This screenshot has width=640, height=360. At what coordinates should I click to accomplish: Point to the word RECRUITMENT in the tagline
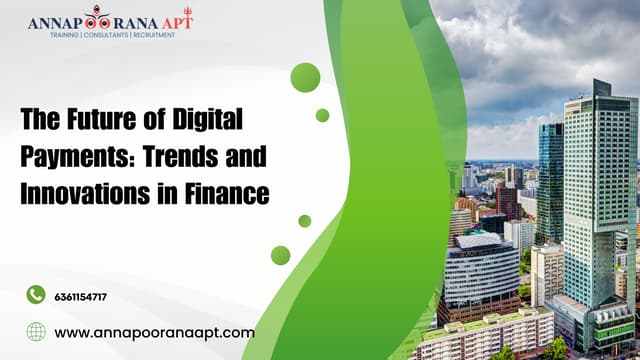(x=153, y=34)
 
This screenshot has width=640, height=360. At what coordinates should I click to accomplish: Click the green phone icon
(x=36, y=294)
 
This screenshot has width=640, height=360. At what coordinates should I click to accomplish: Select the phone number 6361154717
(x=81, y=297)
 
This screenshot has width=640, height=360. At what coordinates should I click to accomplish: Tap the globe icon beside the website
(x=36, y=332)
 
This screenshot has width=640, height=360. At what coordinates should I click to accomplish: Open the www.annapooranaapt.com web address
(x=154, y=332)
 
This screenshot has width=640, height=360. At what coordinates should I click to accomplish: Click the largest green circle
(x=305, y=77)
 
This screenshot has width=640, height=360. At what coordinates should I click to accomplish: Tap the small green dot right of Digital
(x=322, y=115)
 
